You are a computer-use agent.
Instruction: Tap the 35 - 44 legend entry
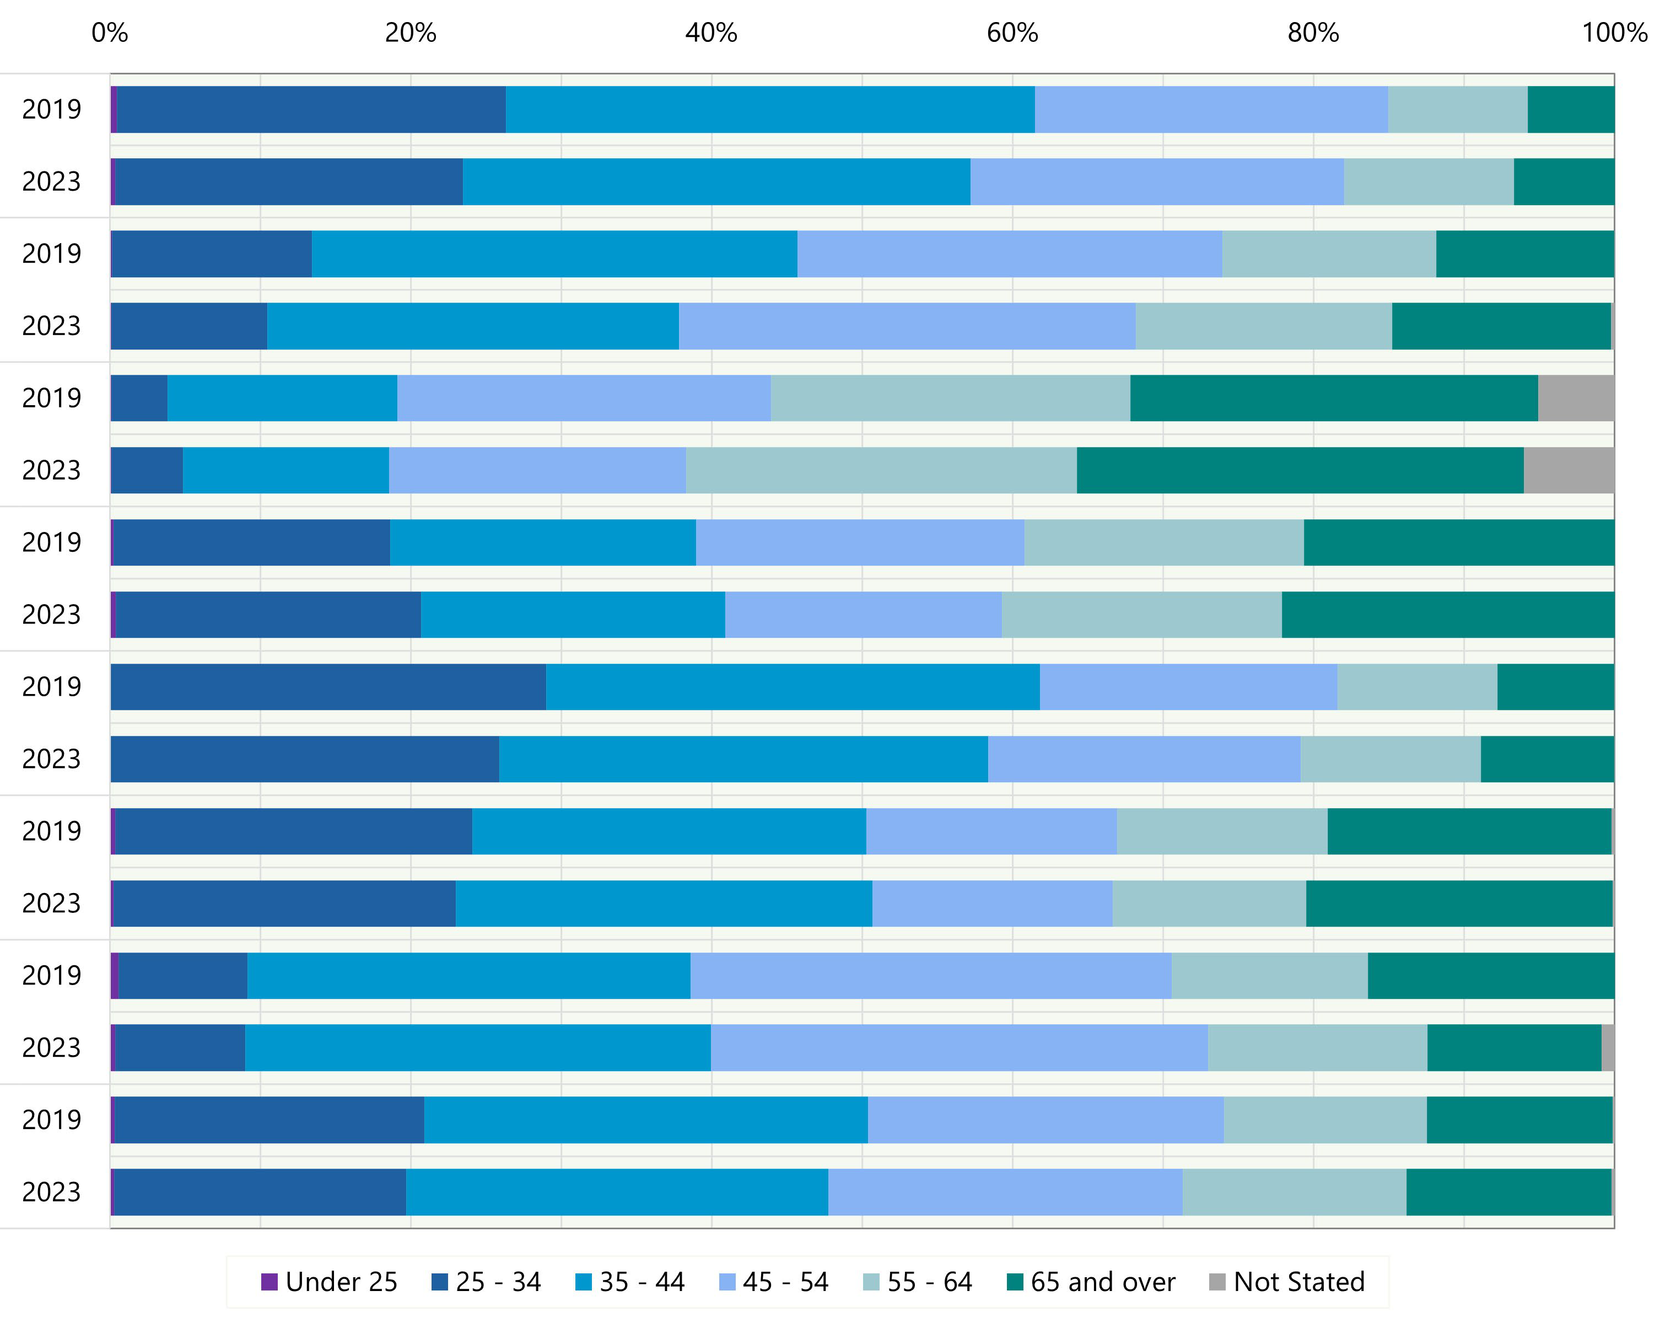[x=630, y=1282]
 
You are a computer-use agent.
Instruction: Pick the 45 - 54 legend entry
[x=774, y=1282]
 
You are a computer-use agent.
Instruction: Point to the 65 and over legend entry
[x=1091, y=1282]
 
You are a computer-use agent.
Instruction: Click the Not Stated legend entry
[x=1287, y=1282]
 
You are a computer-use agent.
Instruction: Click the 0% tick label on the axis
[x=109, y=33]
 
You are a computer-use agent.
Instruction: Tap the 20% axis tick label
[x=411, y=33]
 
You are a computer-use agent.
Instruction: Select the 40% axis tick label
[x=711, y=33]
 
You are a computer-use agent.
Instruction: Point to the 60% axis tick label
[x=1012, y=33]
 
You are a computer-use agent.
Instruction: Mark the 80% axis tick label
[x=1313, y=33]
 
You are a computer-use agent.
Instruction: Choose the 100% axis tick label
[x=1614, y=33]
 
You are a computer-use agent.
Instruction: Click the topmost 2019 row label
[x=51, y=109]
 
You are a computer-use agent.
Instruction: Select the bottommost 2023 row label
[x=51, y=1191]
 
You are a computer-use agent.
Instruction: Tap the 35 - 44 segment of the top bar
[x=770, y=109]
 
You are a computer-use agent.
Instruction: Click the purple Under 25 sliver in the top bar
[x=114, y=109]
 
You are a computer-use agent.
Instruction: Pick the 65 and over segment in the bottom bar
[x=1508, y=1191]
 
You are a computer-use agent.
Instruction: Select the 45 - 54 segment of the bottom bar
[x=1005, y=1191]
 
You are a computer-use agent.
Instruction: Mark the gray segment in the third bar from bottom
[x=1608, y=1047]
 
